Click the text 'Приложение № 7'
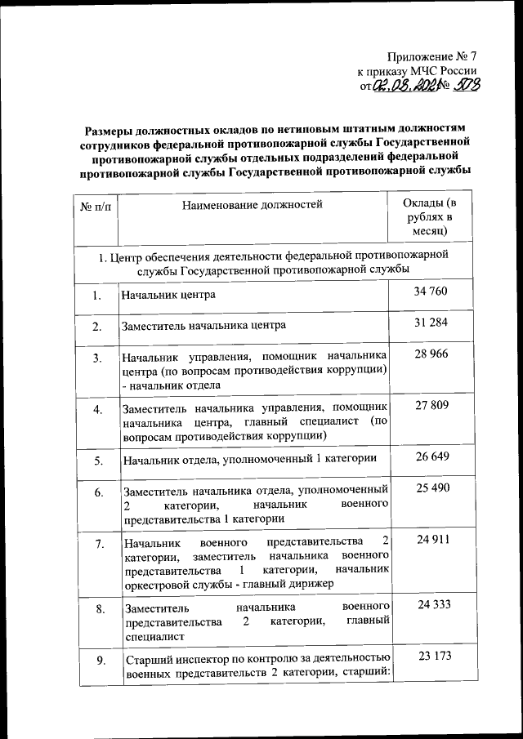(x=433, y=57)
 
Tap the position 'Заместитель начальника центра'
(x=204, y=327)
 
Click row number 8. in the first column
(x=96, y=609)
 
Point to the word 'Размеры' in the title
(x=114, y=130)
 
